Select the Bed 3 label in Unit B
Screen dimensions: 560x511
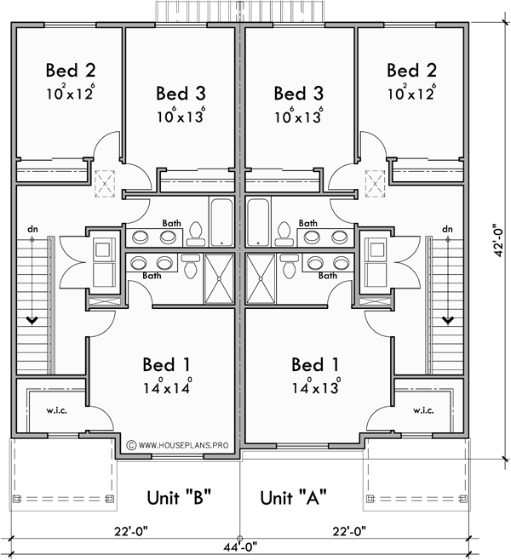181,92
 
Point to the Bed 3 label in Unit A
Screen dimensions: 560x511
298,92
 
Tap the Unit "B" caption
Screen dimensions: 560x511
179,496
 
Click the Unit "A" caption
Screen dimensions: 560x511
293,496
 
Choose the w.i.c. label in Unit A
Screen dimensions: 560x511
423,411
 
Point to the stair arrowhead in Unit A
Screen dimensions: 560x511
447,320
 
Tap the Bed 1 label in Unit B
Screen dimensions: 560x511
168,365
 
